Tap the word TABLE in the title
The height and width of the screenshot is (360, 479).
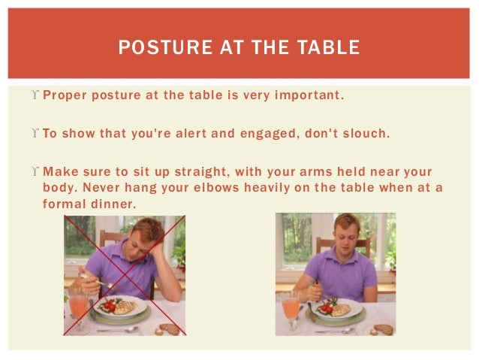point(330,48)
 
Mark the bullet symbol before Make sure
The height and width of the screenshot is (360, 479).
point(36,172)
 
